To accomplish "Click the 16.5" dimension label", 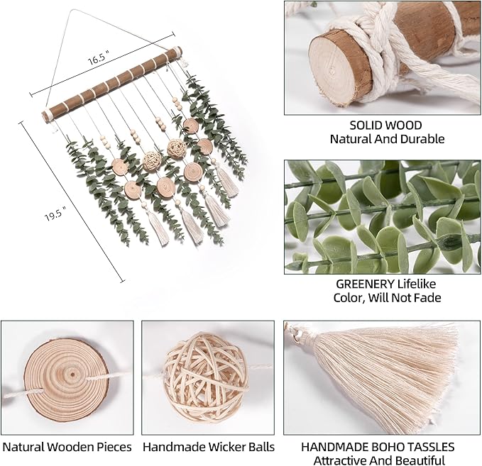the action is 99,57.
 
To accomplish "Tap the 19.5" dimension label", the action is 55,213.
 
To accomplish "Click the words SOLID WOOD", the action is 385,126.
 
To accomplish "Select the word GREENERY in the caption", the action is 365,284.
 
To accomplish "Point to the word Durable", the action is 425,139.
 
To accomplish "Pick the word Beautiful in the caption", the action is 420,460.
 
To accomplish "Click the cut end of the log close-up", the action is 336,70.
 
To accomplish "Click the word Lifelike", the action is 417,284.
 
